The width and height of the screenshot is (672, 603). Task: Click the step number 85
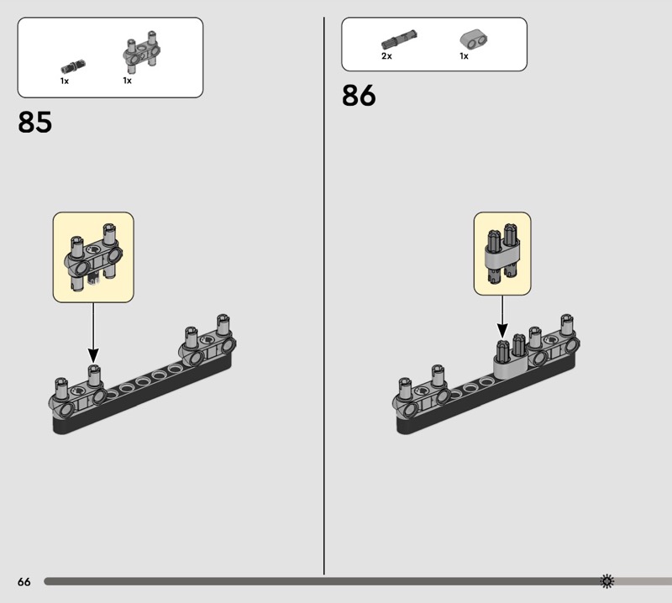tap(34, 122)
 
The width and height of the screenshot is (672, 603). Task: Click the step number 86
tap(359, 95)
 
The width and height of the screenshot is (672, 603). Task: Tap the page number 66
tap(24, 581)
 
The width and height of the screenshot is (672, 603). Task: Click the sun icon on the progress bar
tap(606, 581)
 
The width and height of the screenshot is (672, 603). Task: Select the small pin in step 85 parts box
tap(73, 66)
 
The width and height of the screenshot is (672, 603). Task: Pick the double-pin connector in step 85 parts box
tap(142, 51)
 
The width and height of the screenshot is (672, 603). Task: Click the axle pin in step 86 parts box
tap(399, 39)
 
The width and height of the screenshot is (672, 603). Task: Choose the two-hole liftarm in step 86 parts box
tap(474, 39)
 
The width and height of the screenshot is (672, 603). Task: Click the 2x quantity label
tap(386, 56)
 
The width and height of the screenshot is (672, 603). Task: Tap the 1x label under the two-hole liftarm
tap(465, 56)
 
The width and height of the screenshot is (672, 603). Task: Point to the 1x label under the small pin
tap(65, 81)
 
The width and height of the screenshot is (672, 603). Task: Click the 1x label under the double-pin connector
tap(128, 81)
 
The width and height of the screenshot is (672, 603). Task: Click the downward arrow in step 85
tap(93, 333)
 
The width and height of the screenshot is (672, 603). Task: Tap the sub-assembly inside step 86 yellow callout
tap(502, 254)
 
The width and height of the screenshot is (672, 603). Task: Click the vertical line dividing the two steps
tap(324, 296)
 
